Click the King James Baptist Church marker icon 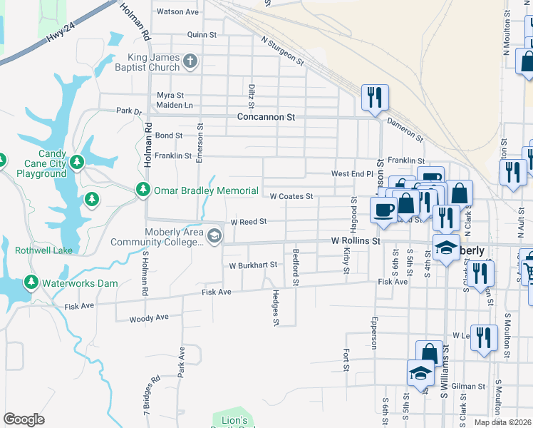coord(190,61)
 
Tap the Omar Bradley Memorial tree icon coord(143,190)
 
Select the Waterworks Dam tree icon coord(31,282)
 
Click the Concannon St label coord(266,116)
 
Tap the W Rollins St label coord(356,241)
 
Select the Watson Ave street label coord(177,12)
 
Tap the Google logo coord(24,419)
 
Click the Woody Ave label coord(149,317)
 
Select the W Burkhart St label coord(252,265)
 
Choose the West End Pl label coord(353,174)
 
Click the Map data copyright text coord(503,422)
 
